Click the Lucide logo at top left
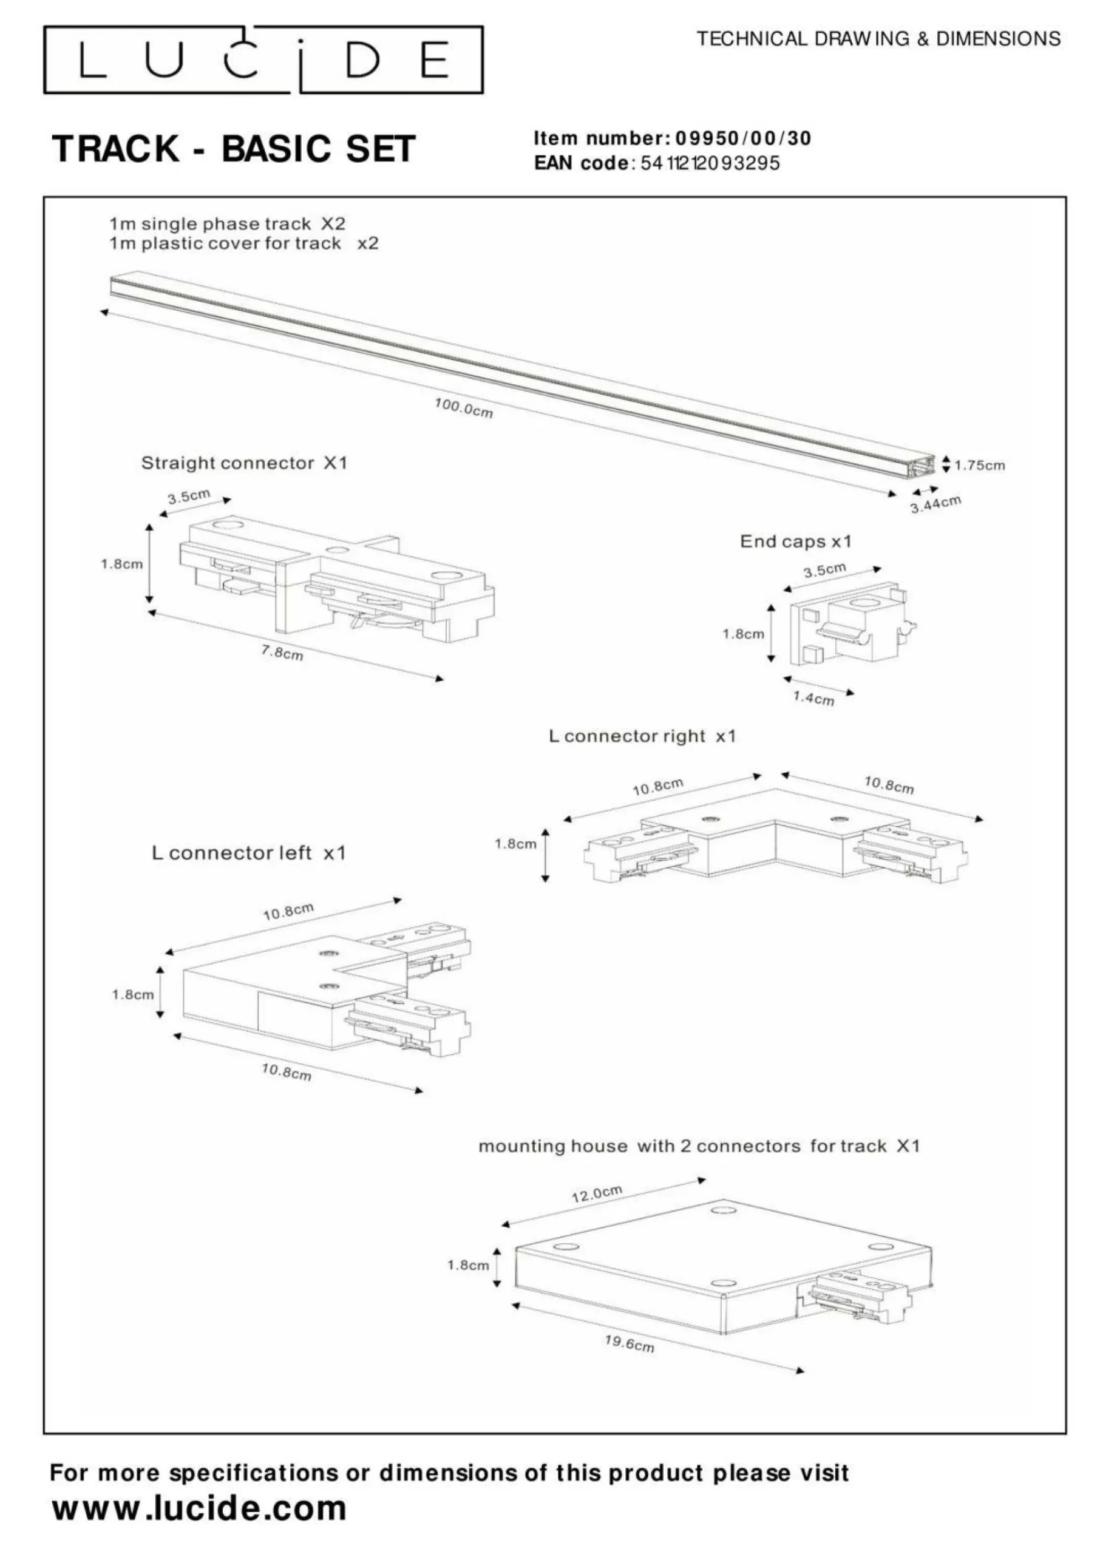[263, 59]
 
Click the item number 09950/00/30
[743, 138]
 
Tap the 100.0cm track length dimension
[463, 408]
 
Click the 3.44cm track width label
[935, 504]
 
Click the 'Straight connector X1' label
[244, 463]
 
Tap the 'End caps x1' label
[795, 541]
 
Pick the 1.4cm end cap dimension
[813, 698]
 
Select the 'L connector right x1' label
[642, 736]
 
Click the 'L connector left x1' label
[248, 853]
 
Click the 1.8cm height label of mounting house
[467, 1265]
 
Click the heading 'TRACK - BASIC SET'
[234, 149]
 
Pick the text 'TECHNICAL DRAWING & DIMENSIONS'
[878, 39]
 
